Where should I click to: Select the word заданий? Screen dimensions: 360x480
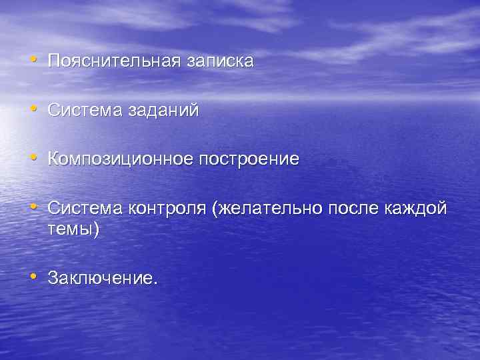(165, 111)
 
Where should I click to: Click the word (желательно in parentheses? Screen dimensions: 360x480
(266, 209)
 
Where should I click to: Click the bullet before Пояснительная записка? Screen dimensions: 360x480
(33, 61)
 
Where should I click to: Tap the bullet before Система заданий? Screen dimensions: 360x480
(33, 111)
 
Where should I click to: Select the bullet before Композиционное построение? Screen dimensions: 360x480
(33, 160)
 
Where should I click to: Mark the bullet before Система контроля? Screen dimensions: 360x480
(33, 209)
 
